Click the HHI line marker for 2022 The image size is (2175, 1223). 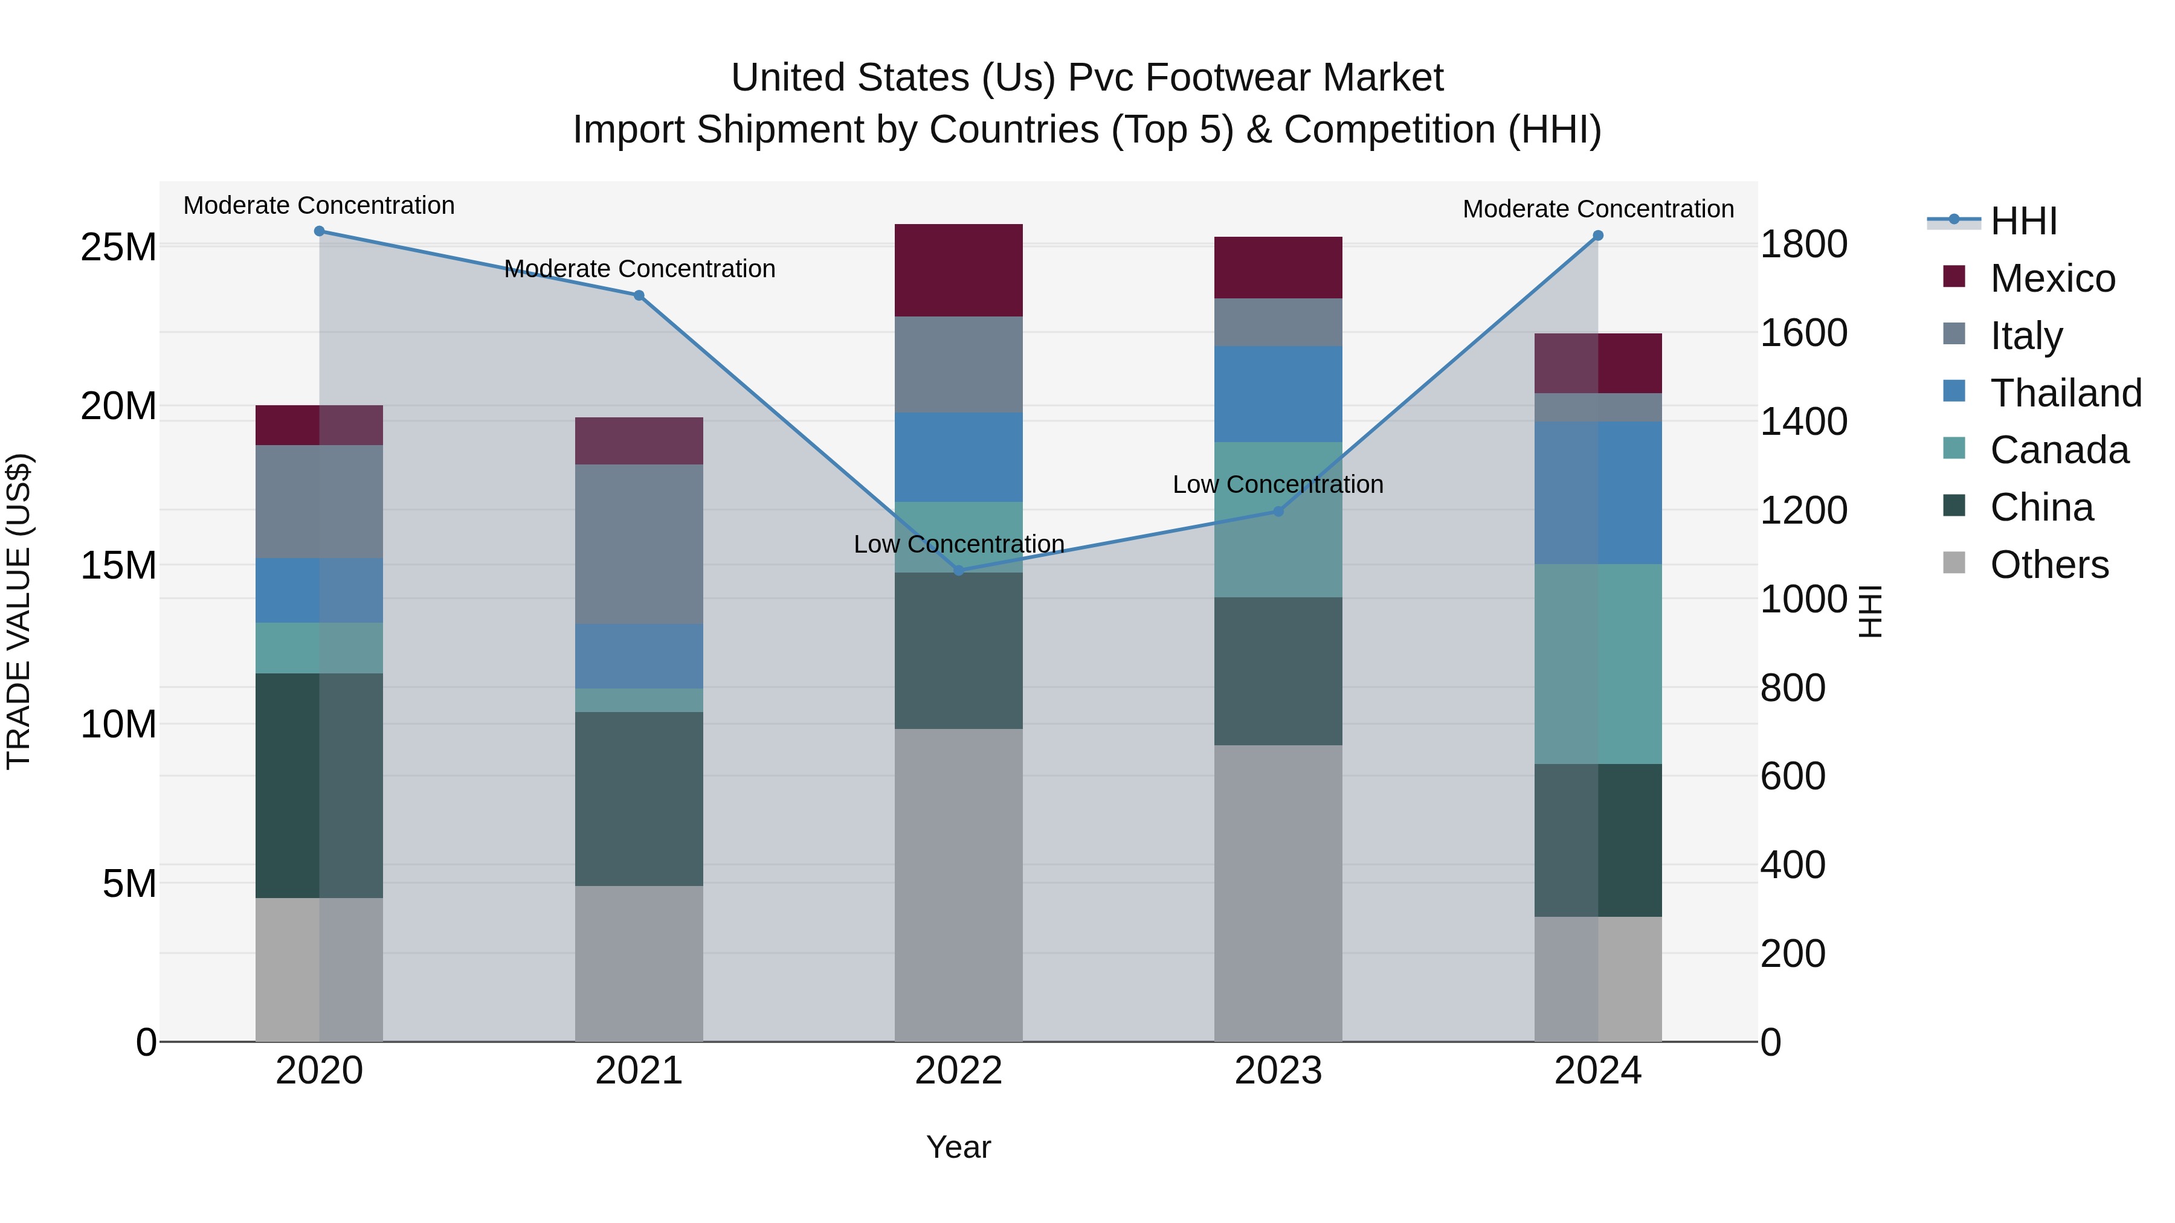pyautogui.click(x=958, y=571)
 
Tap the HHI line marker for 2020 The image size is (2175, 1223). pyautogui.click(x=319, y=231)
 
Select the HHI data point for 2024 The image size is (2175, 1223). pyautogui.click(x=1597, y=236)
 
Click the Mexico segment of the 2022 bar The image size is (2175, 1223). pyautogui.click(x=958, y=270)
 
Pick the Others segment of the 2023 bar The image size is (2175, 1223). pyautogui.click(x=1277, y=893)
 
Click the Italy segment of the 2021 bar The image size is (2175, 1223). pyautogui.click(x=639, y=544)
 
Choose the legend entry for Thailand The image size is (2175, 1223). pyautogui.click(x=2064, y=393)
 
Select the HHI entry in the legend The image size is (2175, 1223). pyautogui.click(x=2022, y=221)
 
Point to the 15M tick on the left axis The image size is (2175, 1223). pyautogui.click(x=118, y=565)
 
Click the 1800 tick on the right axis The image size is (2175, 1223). pyautogui.click(x=1803, y=245)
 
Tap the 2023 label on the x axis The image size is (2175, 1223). pyautogui.click(x=1277, y=1071)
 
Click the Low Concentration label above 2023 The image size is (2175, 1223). pyautogui.click(x=1277, y=484)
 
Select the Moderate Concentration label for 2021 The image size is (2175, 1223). pyautogui.click(x=639, y=268)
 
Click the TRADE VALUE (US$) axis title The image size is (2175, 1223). pyautogui.click(x=19, y=611)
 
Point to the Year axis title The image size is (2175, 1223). pyautogui.click(x=958, y=1147)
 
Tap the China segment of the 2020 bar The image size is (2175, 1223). pyautogui.click(x=319, y=785)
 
